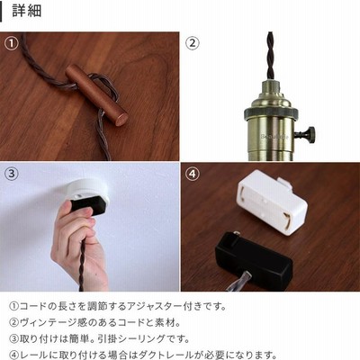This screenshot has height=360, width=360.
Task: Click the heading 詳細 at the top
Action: [27, 11]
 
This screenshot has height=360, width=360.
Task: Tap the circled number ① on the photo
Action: [12, 43]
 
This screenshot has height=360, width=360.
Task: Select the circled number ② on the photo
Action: [193, 43]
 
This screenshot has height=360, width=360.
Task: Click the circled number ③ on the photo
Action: [12, 174]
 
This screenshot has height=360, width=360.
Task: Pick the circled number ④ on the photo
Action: [193, 174]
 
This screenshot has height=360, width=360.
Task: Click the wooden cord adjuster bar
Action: [97, 94]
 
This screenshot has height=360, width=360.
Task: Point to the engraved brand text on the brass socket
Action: [274, 137]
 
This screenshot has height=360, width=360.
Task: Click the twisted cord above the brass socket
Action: [271, 56]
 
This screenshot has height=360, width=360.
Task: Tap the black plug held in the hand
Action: [89, 205]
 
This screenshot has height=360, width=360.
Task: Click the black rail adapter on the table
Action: [254, 260]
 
